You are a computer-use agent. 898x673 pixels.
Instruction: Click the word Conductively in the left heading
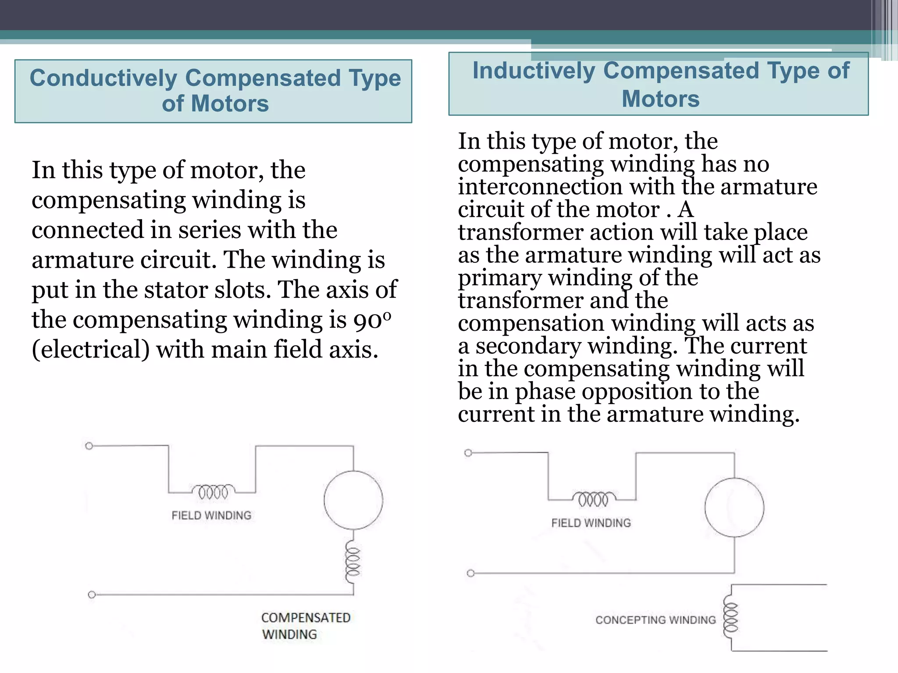(103, 78)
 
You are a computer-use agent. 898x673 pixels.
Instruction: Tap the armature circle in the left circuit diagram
(353, 500)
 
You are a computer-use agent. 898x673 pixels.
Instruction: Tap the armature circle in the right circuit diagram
(734, 507)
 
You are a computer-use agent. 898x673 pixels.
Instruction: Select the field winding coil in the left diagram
(213, 492)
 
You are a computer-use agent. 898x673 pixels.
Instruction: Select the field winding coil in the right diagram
(594, 499)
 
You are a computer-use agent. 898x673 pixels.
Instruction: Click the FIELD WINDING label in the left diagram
(211, 515)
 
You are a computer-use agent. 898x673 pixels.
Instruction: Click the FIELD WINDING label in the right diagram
(591, 523)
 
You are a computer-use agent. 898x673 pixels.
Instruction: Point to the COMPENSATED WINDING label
(306, 626)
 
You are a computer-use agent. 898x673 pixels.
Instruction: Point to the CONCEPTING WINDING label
(656, 620)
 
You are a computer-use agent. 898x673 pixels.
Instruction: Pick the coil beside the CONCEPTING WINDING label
(730, 617)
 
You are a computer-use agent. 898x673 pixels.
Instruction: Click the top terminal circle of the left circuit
(89, 446)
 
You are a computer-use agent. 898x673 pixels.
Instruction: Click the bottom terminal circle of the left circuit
(92, 595)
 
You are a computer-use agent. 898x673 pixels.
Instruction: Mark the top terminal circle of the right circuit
(468, 453)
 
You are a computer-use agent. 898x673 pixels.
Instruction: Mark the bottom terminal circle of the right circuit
(470, 573)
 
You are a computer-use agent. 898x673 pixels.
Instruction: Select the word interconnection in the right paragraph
(540, 187)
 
